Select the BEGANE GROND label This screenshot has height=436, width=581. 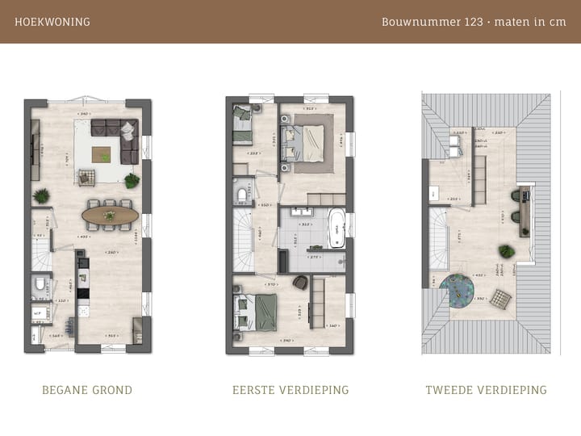(x=87, y=390)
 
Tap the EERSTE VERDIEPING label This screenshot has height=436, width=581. (x=290, y=390)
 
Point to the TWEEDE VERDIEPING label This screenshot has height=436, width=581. (x=486, y=390)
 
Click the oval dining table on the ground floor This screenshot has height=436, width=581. (x=110, y=216)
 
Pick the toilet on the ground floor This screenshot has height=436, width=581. (x=40, y=284)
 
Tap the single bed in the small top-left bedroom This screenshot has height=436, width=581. (x=243, y=127)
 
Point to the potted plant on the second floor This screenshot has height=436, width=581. (x=506, y=252)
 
